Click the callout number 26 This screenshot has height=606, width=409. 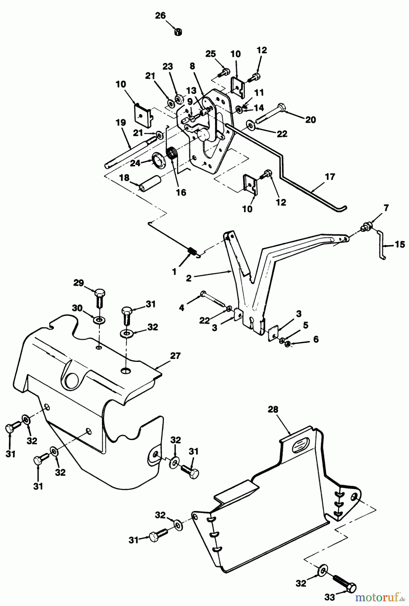tap(161, 15)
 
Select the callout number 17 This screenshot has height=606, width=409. tap(330, 176)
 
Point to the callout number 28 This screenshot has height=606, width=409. tap(273, 409)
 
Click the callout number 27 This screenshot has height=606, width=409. tap(175, 356)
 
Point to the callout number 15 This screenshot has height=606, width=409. tap(400, 244)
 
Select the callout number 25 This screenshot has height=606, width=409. tap(211, 54)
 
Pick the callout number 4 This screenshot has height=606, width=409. tap(182, 307)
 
